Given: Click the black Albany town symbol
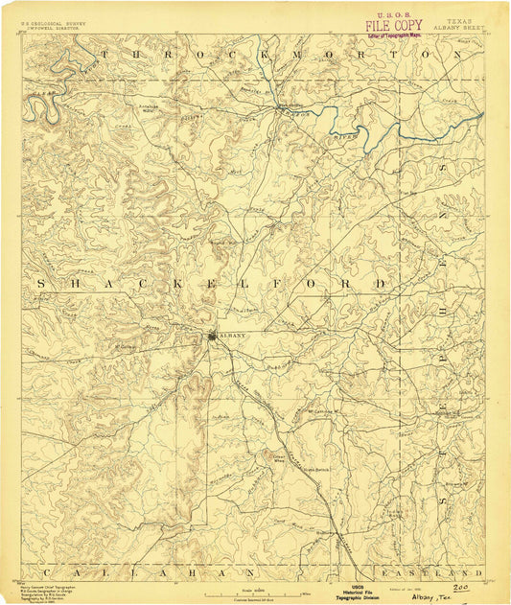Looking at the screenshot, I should pos(213,336).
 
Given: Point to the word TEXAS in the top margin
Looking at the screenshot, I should pos(457,18).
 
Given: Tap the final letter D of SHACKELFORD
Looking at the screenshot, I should pos(381,285).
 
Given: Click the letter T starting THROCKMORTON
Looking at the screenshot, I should pos(105,57).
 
